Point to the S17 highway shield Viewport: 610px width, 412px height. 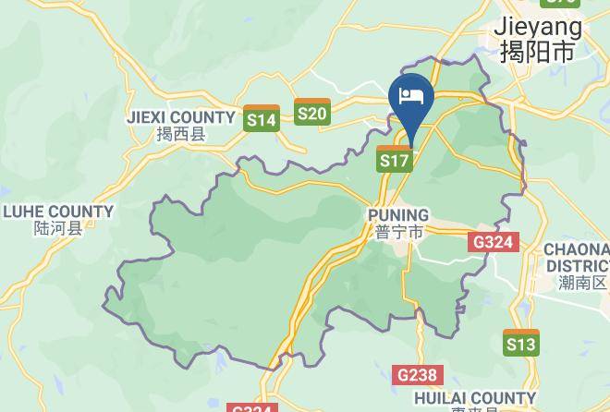395,159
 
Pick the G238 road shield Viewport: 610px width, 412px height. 417,375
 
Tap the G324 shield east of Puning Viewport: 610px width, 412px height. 494,243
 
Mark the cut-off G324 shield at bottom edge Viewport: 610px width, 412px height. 251,407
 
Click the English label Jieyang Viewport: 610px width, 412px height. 538,25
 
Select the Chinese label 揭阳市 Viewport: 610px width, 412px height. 537,51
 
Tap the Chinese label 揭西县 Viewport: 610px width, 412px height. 180,135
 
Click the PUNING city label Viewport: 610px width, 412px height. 398,215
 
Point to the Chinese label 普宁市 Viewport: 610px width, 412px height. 399,233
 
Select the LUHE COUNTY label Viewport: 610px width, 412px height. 58,212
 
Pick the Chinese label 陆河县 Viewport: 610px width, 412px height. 57,228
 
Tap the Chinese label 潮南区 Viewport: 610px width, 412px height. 583,283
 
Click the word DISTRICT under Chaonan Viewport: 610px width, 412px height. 578,266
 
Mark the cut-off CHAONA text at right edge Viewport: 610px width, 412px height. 577,249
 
